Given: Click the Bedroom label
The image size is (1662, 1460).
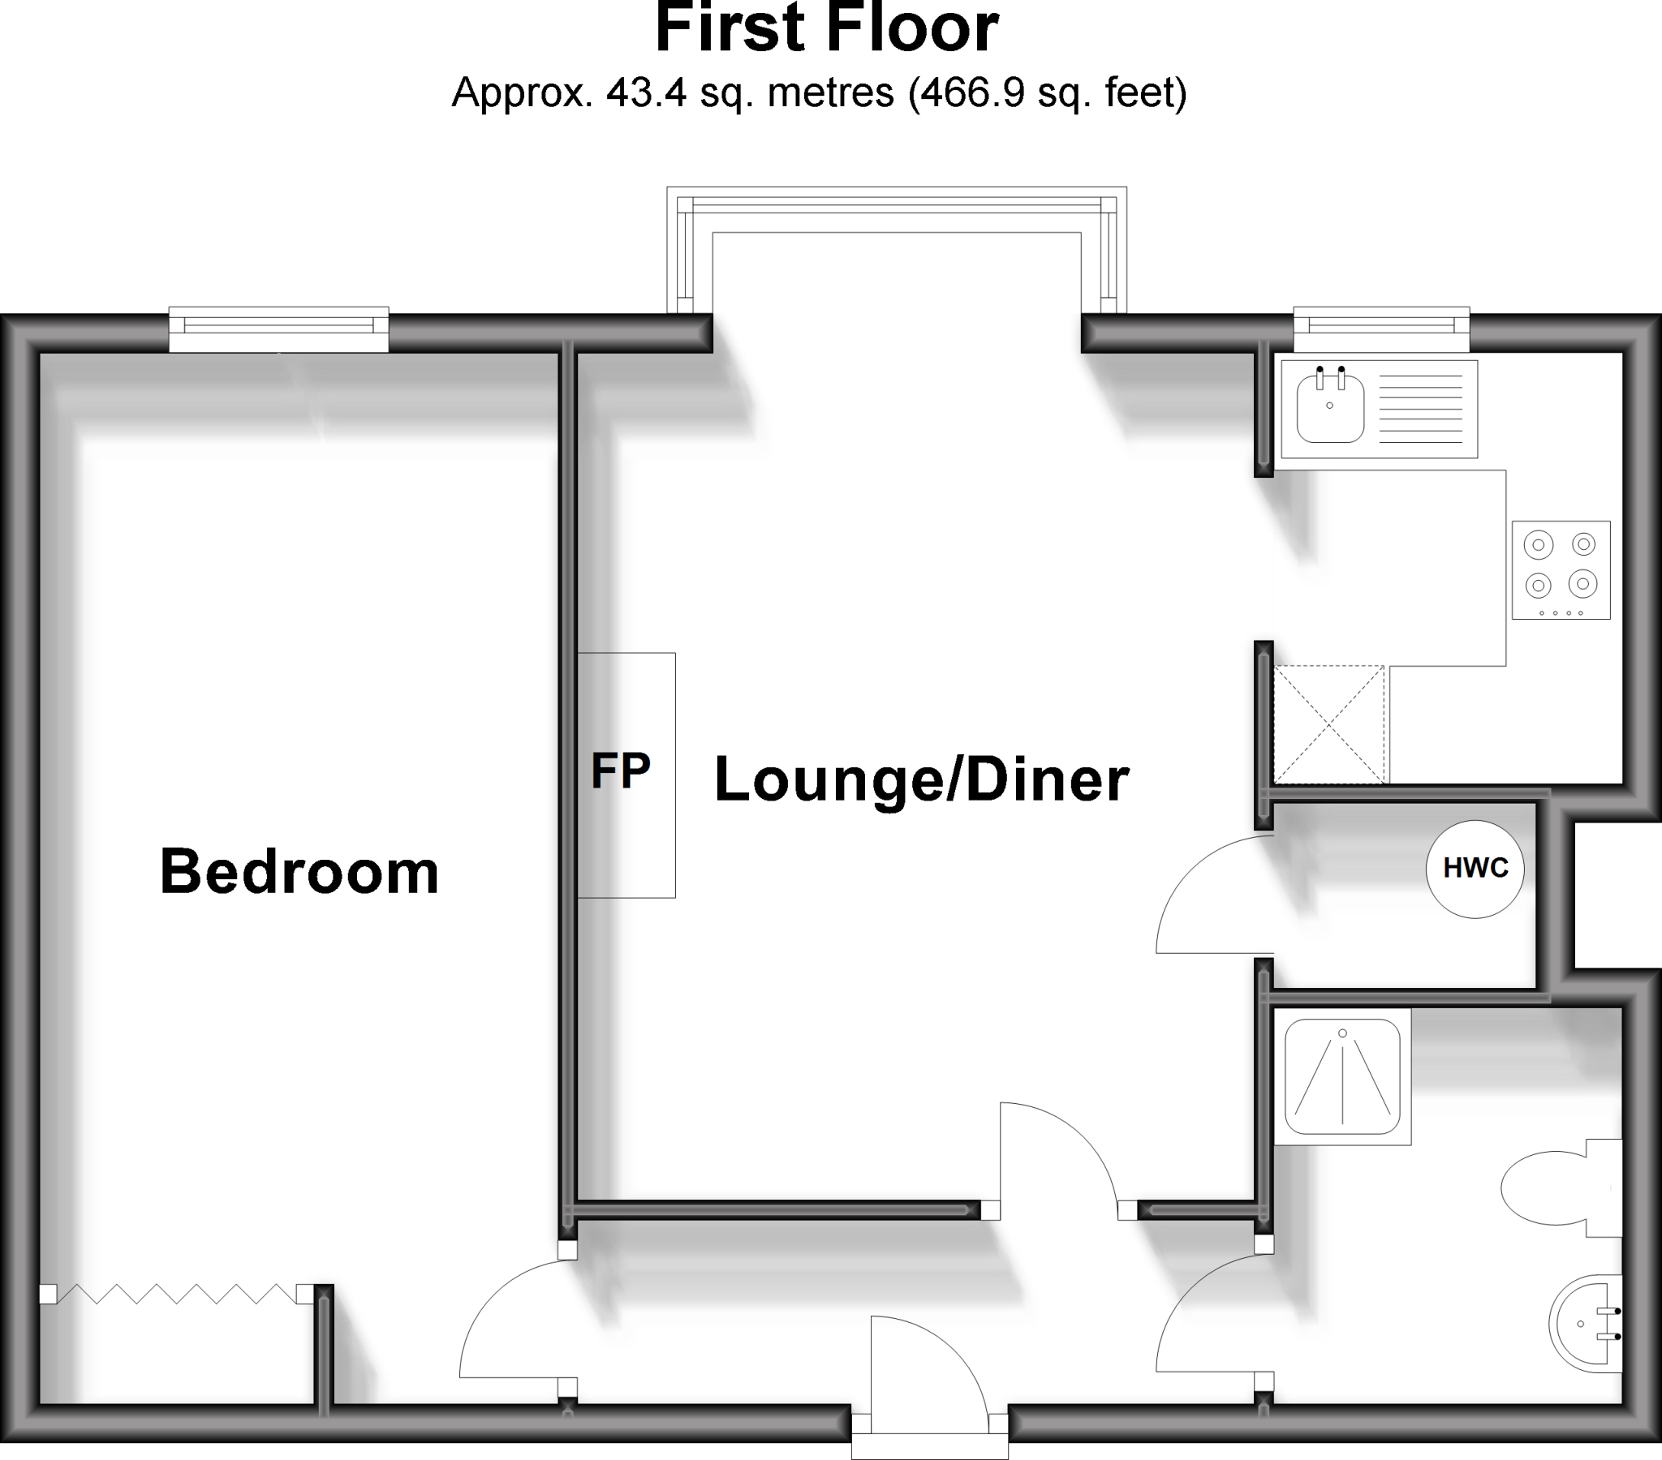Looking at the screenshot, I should point(299,872).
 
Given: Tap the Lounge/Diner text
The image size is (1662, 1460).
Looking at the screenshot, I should point(921,779).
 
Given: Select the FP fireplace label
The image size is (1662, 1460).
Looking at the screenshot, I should point(620,771).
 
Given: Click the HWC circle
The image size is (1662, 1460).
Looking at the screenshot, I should point(1475,869).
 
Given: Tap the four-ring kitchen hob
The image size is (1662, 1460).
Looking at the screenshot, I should point(1561,570).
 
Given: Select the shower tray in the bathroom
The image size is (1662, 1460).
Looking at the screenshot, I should point(1341,1076).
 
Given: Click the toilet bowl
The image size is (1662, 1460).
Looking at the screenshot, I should point(1545,1187).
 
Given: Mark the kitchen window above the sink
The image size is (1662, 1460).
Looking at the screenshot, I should point(1381,325).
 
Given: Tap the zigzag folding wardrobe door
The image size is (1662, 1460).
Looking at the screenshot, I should point(175,1294).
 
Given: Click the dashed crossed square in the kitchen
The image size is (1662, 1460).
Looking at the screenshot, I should point(1328,724).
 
